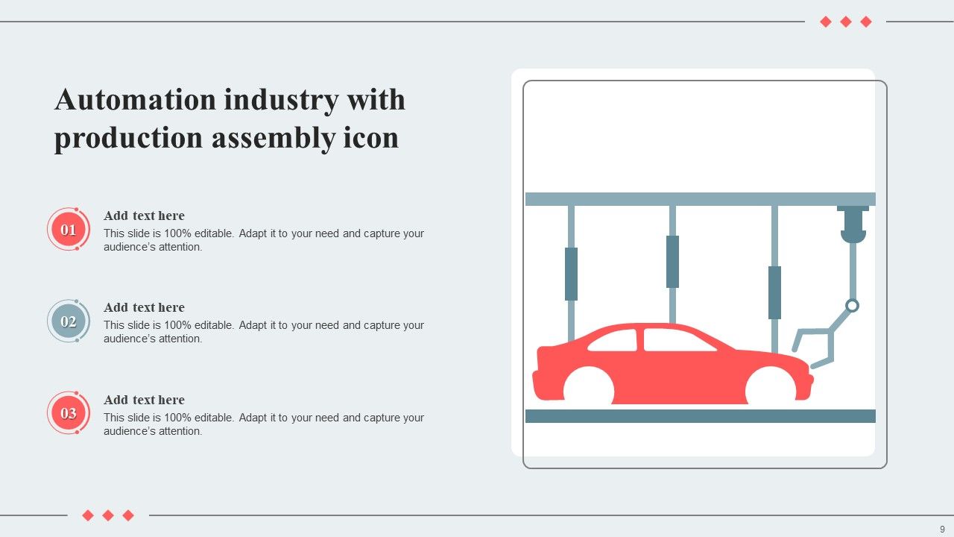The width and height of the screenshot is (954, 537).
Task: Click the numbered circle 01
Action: coord(69,230)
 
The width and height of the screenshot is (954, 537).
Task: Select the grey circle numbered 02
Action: coord(69,321)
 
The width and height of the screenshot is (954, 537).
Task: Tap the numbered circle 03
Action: coord(69,413)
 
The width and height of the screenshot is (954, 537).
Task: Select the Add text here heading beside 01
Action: coord(144,216)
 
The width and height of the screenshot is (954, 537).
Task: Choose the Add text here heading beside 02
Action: coord(144,307)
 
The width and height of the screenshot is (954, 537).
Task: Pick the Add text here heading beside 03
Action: coord(144,400)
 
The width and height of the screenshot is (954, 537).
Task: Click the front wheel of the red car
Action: coord(771,389)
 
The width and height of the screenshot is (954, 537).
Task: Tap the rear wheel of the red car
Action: coord(589,389)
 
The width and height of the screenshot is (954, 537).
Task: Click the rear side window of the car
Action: coord(614,342)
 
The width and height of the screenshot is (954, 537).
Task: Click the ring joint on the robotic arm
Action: coord(853,305)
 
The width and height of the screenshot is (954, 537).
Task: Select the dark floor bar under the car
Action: coord(701,416)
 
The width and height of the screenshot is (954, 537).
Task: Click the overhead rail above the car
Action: coord(701,199)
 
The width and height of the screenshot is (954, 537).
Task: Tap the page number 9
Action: coord(942,529)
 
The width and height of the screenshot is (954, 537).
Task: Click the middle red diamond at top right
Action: coord(846,22)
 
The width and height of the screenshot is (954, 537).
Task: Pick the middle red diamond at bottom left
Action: coord(108,515)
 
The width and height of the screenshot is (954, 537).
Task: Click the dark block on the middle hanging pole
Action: coord(672,261)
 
